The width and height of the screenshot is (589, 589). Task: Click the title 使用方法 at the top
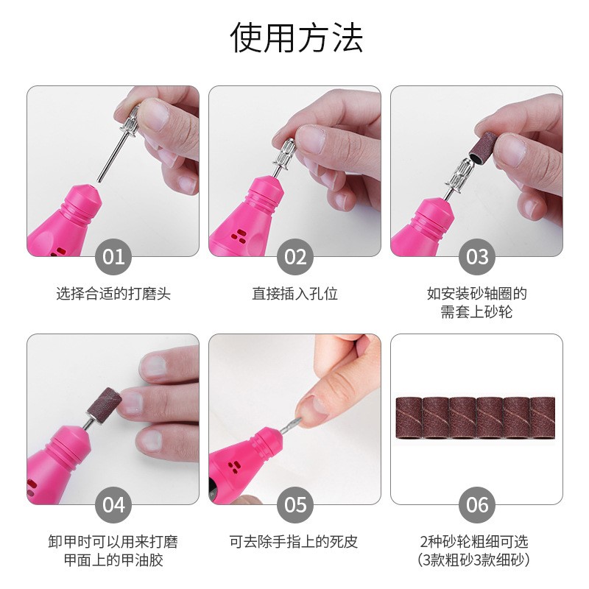pyautogui.click(x=297, y=38)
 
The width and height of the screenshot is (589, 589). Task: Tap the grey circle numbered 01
pyautogui.click(x=113, y=257)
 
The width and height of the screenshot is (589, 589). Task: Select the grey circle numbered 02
pyautogui.click(x=295, y=257)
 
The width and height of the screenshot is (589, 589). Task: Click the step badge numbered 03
pyautogui.click(x=477, y=257)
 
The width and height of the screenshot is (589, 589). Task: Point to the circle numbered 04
pyautogui.click(x=113, y=505)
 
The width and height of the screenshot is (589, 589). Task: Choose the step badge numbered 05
pyautogui.click(x=295, y=505)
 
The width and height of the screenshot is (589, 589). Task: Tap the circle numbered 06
pyautogui.click(x=477, y=505)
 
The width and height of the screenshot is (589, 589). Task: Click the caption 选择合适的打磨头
pyautogui.click(x=113, y=294)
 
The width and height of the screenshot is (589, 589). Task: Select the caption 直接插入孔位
pyautogui.click(x=295, y=294)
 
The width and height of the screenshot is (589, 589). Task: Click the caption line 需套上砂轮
pyautogui.click(x=477, y=312)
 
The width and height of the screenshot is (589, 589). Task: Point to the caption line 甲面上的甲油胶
pyautogui.click(x=113, y=560)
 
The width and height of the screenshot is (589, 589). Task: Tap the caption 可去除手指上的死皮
pyautogui.click(x=295, y=542)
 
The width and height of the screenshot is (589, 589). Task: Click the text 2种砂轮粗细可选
pyautogui.click(x=477, y=542)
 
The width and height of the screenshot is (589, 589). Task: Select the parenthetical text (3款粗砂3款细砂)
pyautogui.click(x=477, y=560)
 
